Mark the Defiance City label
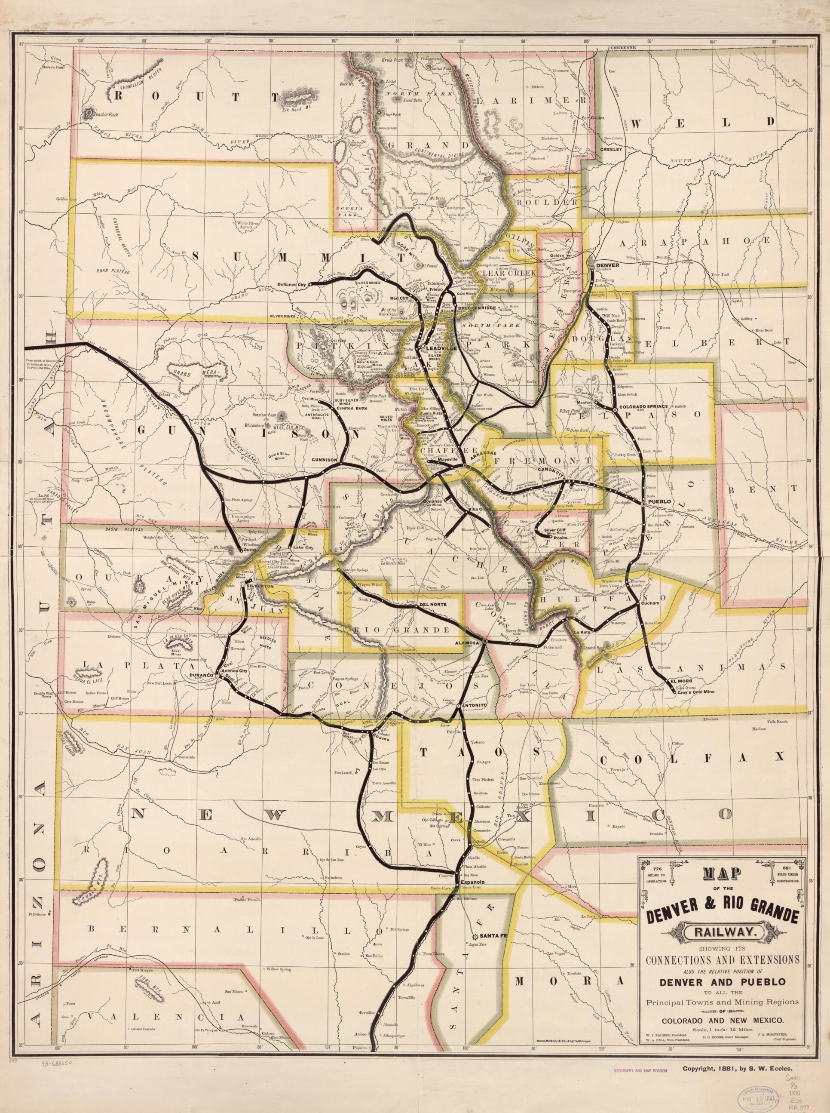(291, 285)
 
